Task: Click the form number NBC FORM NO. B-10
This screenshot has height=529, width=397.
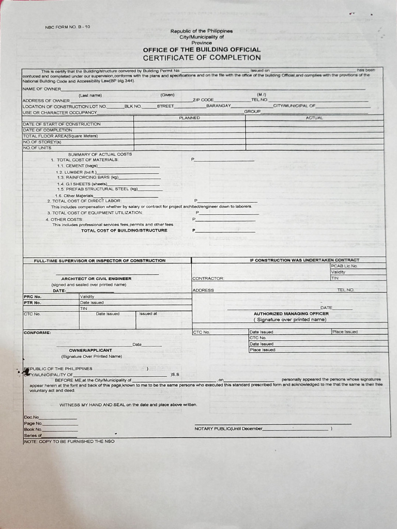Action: (x=68, y=27)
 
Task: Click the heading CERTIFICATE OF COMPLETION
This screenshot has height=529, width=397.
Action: (x=202, y=58)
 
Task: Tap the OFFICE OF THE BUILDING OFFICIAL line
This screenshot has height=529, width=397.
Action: (x=202, y=50)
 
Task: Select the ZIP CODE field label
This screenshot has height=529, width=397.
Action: (x=203, y=100)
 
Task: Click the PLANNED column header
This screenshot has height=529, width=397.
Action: (x=189, y=118)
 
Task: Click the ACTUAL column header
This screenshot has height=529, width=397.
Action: (x=314, y=118)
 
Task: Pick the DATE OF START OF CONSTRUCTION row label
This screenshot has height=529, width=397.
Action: (x=62, y=124)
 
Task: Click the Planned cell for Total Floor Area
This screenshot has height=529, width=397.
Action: (x=189, y=136)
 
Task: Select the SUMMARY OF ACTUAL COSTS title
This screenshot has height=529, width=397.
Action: (x=100, y=154)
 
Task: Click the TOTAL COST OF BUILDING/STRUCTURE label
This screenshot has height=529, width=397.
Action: (x=124, y=230)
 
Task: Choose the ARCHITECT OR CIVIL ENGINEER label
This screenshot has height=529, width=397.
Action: (x=96, y=278)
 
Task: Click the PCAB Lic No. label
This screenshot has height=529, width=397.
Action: (x=344, y=266)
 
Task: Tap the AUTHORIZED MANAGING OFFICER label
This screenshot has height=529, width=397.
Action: (x=291, y=314)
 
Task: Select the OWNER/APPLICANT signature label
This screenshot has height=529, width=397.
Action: (x=90, y=350)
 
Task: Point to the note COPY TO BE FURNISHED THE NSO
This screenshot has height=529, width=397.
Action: (x=69, y=442)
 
